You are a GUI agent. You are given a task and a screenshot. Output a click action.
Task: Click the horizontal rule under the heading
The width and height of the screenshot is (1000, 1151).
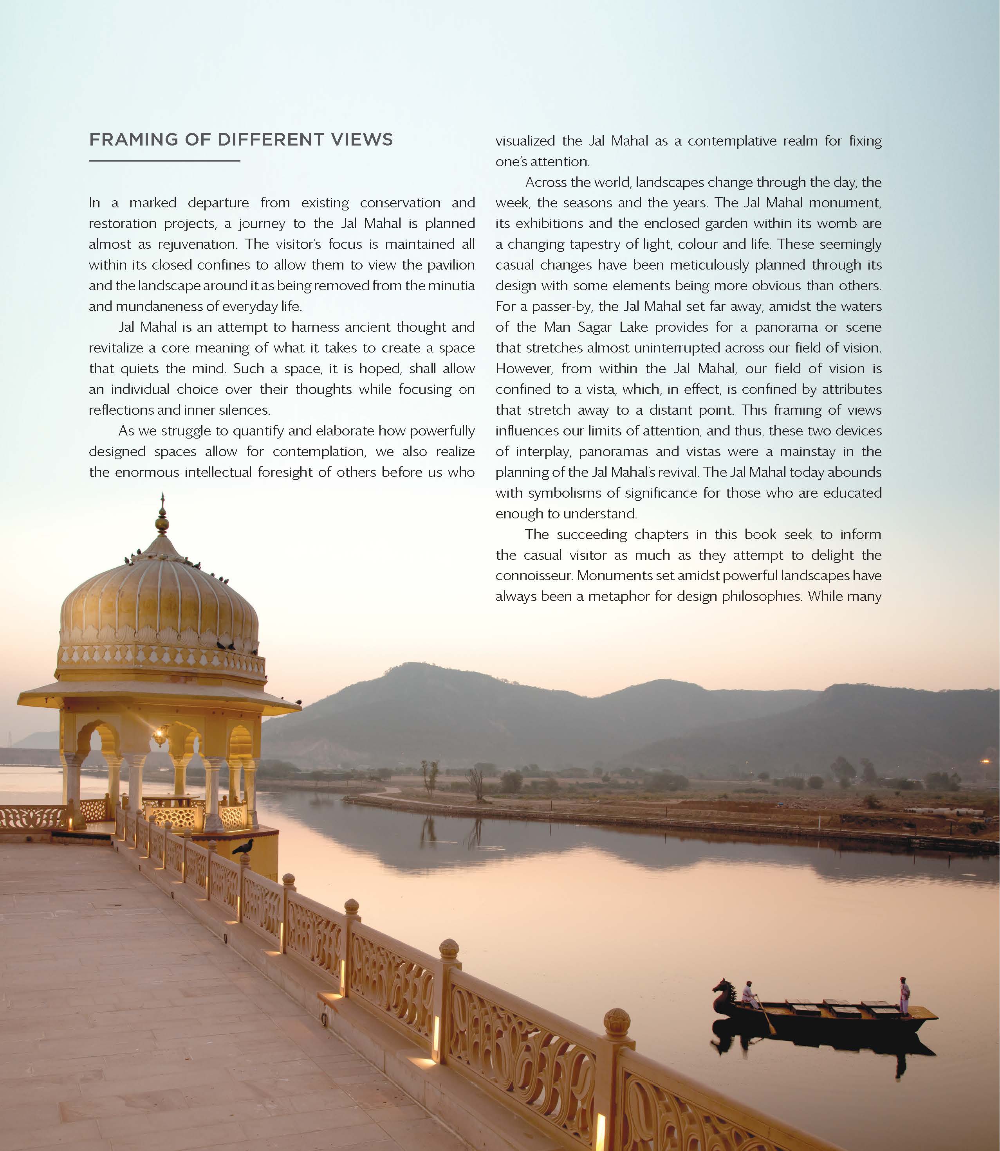click(x=164, y=161)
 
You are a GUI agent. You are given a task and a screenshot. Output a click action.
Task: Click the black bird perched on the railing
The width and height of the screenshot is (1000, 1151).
click(x=243, y=847)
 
